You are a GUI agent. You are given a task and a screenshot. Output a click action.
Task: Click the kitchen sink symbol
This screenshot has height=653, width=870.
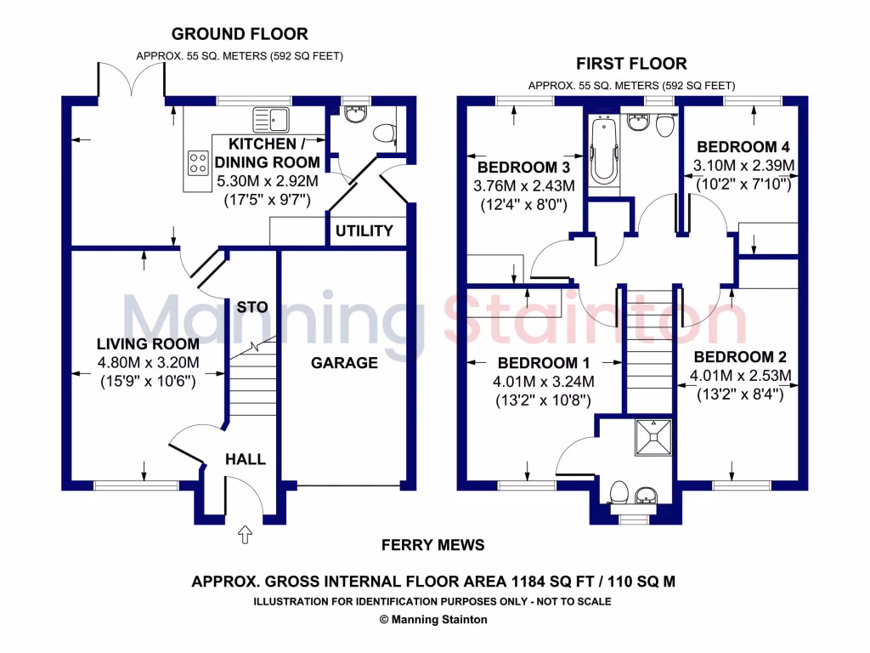[x=271, y=118]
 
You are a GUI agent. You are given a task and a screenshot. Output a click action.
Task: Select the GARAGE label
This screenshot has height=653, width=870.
[x=344, y=363]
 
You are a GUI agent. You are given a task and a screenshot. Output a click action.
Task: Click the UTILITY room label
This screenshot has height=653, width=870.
[x=364, y=230]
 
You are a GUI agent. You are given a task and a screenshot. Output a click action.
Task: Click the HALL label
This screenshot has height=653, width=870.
[x=245, y=459]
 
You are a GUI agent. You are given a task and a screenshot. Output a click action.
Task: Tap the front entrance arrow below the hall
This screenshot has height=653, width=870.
[x=246, y=534]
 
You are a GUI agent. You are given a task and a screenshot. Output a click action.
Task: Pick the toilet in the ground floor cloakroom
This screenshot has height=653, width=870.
[x=384, y=133]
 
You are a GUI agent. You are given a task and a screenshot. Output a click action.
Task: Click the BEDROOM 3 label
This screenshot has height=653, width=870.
[x=523, y=167]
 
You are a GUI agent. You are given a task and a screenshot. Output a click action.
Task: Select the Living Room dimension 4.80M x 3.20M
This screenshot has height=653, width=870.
[x=148, y=363]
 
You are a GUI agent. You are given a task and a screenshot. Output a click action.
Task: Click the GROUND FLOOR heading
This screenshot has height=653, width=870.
[x=240, y=35]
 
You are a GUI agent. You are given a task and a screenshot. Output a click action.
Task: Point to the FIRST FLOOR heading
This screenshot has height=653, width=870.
[x=631, y=64]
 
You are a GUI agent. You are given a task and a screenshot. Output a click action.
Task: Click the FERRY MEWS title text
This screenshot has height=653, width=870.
[x=433, y=545]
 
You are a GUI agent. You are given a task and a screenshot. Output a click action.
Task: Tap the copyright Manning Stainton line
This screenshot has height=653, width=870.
[x=433, y=620]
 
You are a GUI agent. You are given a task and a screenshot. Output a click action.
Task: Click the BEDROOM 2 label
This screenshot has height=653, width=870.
[x=739, y=356]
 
